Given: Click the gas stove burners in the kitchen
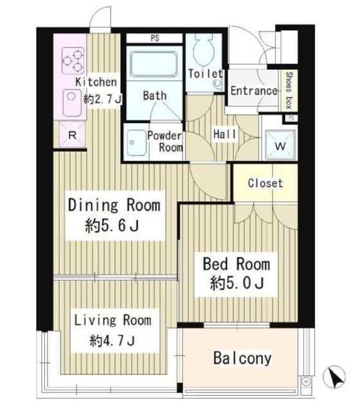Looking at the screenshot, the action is [x=73, y=60].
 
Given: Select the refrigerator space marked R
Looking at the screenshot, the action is [x=73, y=136].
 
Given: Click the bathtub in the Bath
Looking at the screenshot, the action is [x=154, y=64].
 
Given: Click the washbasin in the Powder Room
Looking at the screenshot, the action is [x=136, y=143].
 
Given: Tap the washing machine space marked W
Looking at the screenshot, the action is [x=280, y=145].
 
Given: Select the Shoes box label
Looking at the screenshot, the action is [x=289, y=90].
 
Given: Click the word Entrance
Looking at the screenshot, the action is [x=254, y=91].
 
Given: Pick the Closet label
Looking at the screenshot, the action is [x=265, y=183].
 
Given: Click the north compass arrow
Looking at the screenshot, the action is [x=334, y=377].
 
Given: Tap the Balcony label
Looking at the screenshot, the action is [x=242, y=358].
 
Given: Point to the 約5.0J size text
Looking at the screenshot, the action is [x=237, y=283].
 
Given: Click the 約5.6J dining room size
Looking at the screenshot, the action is [x=112, y=225].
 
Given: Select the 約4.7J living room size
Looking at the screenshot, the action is [x=113, y=341].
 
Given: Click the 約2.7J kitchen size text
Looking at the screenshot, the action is [x=103, y=99].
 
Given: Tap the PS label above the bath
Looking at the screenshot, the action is [x=155, y=39].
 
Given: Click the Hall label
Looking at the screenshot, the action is [x=224, y=134].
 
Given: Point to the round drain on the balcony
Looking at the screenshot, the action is [x=305, y=381].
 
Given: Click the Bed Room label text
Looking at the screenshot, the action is [x=237, y=264].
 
